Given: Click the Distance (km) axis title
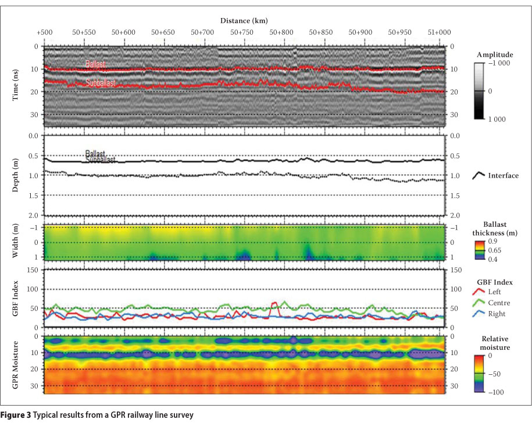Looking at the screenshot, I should point(244,21).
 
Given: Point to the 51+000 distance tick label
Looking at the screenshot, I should point(439,34).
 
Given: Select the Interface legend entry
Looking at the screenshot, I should point(504,175).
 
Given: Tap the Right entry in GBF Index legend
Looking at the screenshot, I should point(498,313).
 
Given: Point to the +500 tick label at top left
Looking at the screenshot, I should point(44,34).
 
